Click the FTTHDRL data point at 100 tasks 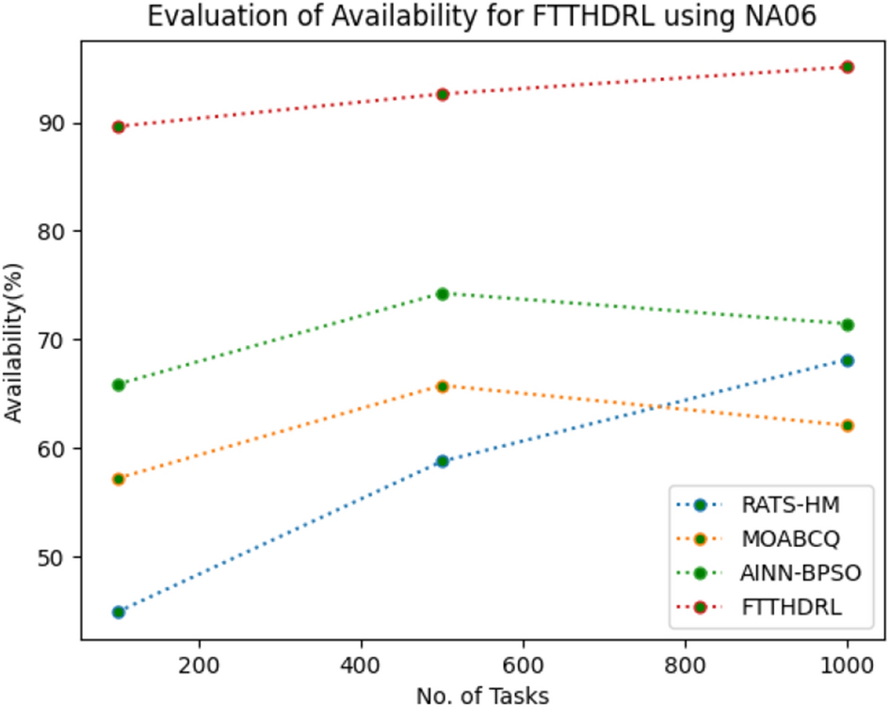click(119, 126)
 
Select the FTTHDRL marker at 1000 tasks click(847, 67)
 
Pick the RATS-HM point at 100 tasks click(119, 612)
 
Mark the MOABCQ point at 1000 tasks click(847, 425)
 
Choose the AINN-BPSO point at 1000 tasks click(847, 324)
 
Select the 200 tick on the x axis click(199, 664)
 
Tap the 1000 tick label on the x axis click(847, 664)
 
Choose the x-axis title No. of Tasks click(483, 694)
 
